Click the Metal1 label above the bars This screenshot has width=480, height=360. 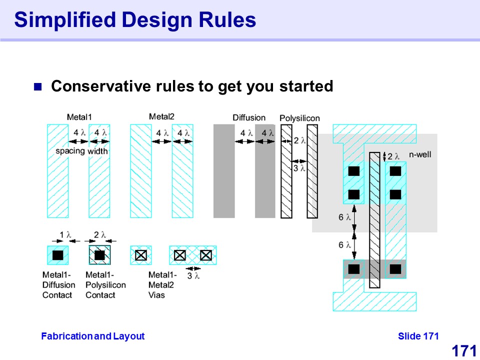tap(79, 117)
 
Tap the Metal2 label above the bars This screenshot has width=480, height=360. tap(161, 116)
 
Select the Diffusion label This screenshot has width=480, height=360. tap(249, 118)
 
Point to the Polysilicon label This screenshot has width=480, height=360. tap(299, 118)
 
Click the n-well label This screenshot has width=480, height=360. tap(420, 154)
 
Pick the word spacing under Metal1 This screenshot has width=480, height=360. tap(70, 151)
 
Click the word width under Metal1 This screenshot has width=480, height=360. tap(97, 151)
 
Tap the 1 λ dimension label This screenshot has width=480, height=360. tap(65, 235)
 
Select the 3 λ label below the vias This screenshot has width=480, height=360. tap(193, 276)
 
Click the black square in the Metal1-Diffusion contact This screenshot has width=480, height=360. tap(58, 255)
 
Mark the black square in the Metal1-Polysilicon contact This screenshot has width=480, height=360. tap(99, 255)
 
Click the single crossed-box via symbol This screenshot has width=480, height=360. tap(141, 255)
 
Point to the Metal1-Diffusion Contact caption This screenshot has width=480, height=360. tap(59, 285)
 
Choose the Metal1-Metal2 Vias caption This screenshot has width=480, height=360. tap(162, 285)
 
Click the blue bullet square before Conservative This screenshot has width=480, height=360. tap(37, 87)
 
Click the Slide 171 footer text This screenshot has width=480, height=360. tap(418, 336)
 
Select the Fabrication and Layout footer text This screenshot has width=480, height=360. tap(93, 336)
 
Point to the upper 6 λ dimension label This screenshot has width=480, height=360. tap(344, 217)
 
